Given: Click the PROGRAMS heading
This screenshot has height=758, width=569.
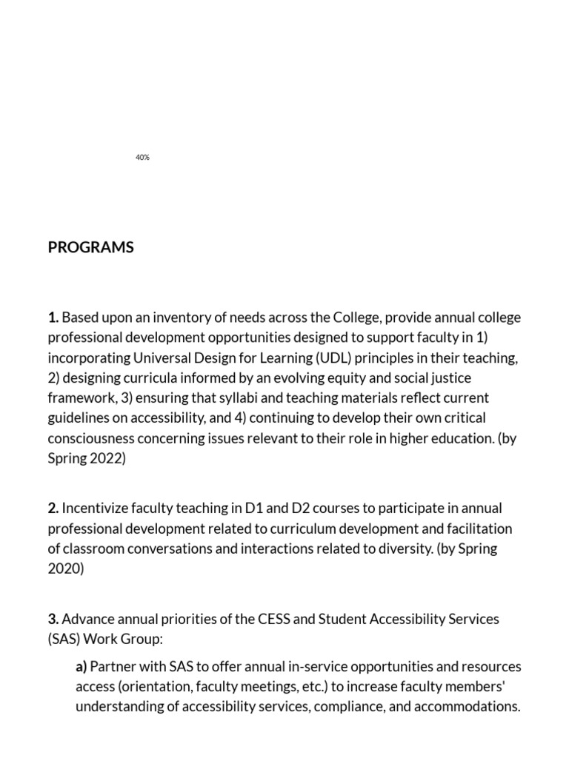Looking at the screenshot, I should [x=90, y=247].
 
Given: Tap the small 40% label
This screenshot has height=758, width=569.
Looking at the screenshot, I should [x=143, y=158].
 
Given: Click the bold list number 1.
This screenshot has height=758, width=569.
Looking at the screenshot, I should [x=53, y=318].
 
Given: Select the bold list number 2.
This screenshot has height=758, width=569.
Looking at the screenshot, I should [x=53, y=509].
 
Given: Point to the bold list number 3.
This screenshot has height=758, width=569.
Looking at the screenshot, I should [x=53, y=619].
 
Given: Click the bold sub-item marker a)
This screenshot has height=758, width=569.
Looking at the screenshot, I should [x=81, y=666].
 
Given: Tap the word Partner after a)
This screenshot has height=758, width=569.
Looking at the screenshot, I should [x=114, y=666].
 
